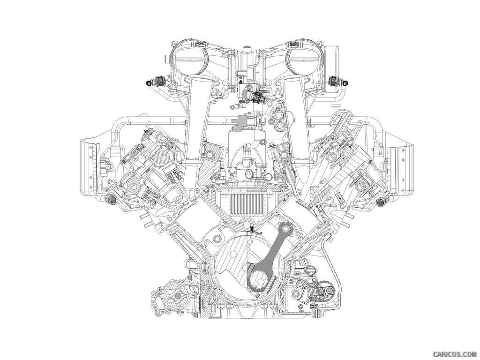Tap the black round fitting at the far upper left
(x=149, y=82)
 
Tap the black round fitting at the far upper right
(x=344, y=82)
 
